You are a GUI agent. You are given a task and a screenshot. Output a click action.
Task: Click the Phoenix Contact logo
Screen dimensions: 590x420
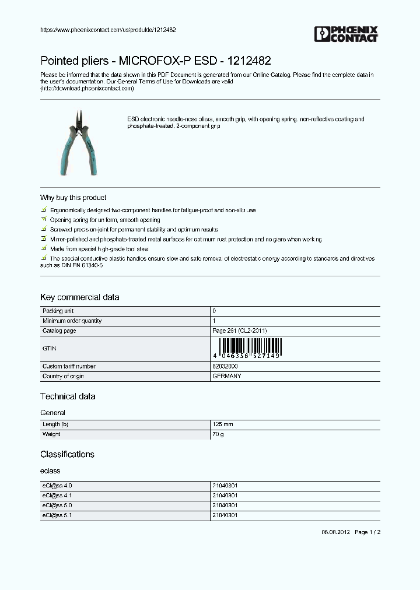(x=346, y=34)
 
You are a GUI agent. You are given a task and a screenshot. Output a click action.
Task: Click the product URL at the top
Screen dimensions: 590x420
(x=108, y=30)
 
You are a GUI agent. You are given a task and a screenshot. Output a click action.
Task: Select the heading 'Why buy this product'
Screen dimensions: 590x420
(x=73, y=198)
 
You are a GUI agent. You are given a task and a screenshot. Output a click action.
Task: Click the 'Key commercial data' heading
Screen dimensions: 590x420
(x=79, y=297)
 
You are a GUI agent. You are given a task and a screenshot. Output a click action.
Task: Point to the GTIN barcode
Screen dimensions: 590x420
(x=247, y=349)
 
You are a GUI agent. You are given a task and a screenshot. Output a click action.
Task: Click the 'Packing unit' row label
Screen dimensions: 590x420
(x=58, y=311)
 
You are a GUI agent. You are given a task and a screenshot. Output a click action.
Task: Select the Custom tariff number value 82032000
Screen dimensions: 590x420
(x=225, y=366)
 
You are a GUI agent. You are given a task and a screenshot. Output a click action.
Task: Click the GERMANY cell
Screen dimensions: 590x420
(x=227, y=376)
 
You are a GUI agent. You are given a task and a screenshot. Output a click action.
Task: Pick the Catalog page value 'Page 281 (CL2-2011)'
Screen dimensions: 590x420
(x=239, y=331)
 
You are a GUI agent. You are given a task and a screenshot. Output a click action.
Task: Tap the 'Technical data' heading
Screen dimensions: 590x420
(x=68, y=396)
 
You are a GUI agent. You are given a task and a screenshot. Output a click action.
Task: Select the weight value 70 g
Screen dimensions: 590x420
(x=218, y=434)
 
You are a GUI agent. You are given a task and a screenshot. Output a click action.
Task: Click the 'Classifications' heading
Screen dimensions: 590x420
(x=67, y=454)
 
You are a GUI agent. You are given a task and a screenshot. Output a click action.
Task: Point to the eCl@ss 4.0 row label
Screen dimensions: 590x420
(x=57, y=485)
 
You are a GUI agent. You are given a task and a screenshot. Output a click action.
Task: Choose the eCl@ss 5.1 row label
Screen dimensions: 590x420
(x=57, y=515)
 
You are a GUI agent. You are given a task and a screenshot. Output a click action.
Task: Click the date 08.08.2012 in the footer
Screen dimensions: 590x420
(x=335, y=532)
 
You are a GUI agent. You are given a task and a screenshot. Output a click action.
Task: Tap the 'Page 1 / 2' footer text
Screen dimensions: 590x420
(x=367, y=532)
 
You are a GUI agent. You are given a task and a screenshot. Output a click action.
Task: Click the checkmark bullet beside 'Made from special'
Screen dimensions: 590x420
(x=44, y=248)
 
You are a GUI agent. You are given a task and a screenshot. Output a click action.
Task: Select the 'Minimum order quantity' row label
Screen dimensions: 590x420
(x=72, y=321)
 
